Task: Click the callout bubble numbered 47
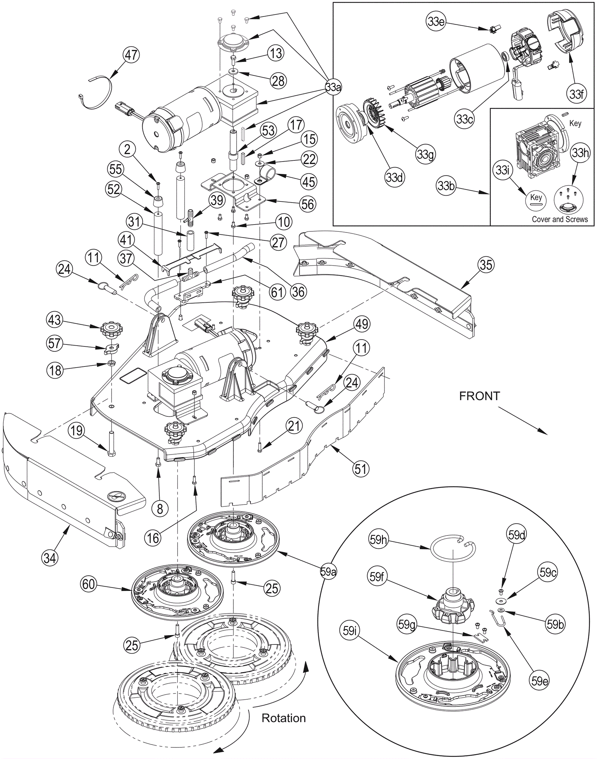click(x=131, y=55)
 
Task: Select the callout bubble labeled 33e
click(x=436, y=22)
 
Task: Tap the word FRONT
click(x=479, y=396)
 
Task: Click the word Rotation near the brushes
click(x=284, y=718)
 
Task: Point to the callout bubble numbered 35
click(x=486, y=265)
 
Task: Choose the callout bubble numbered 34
click(x=50, y=558)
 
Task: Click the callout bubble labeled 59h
click(x=378, y=539)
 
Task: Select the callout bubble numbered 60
click(x=89, y=584)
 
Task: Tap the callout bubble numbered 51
click(x=360, y=468)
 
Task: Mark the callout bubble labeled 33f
click(x=576, y=94)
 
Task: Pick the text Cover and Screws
click(x=560, y=219)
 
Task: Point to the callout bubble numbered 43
click(x=54, y=320)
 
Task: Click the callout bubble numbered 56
click(x=308, y=204)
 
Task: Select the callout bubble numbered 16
click(x=153, y=538)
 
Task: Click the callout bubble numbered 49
click(x=362, y=324)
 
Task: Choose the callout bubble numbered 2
click(x=128, y=150)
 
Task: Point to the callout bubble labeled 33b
click(x=446, y=185)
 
